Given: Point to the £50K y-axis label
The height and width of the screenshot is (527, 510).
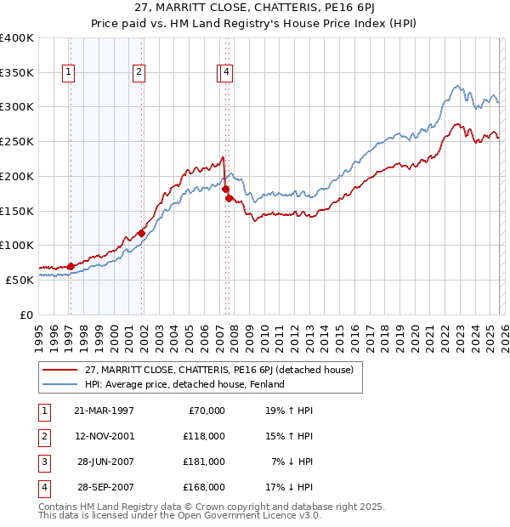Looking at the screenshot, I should [20, 279].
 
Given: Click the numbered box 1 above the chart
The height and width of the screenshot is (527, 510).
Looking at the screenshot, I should [68, 73].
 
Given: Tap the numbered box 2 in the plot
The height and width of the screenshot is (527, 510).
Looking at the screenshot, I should [138, 73].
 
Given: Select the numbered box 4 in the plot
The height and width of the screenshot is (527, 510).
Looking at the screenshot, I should [228, 73].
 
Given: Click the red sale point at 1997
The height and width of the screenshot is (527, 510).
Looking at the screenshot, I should [71, 266].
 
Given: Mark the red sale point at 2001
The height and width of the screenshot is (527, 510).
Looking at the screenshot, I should [141, 233].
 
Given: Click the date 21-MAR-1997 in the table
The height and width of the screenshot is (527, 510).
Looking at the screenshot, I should [104, 411].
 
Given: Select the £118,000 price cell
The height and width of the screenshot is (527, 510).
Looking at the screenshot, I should [205, 436].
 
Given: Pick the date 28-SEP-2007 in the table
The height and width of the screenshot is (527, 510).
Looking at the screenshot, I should [104, 487].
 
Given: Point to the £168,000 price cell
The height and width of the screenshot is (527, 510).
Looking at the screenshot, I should [205, 487].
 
